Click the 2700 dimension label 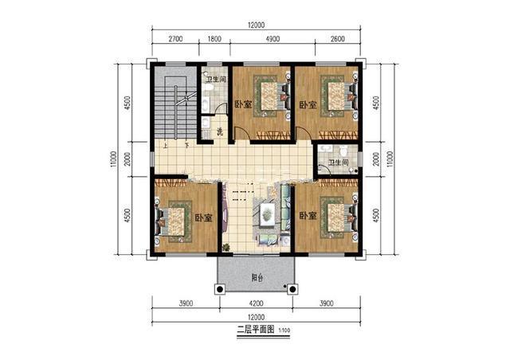pos(175,38)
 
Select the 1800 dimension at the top pos(214,38)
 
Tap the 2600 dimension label pos(337,38)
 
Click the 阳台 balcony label pos(257,278)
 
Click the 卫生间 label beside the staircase pos(215,80)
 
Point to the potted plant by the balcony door pos(226,248)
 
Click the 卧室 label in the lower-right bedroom pos(308,216)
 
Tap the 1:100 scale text pos(284,329)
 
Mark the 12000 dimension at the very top pos(256,25)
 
